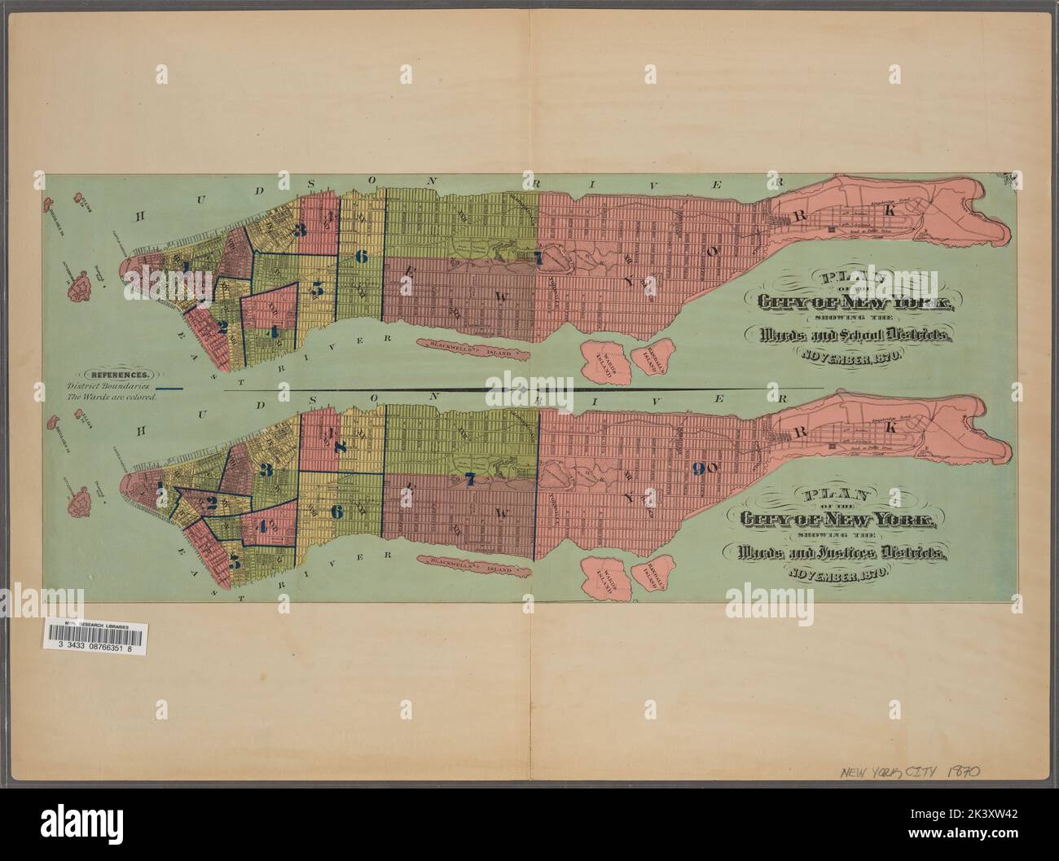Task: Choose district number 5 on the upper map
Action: click(x=317, y=288)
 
